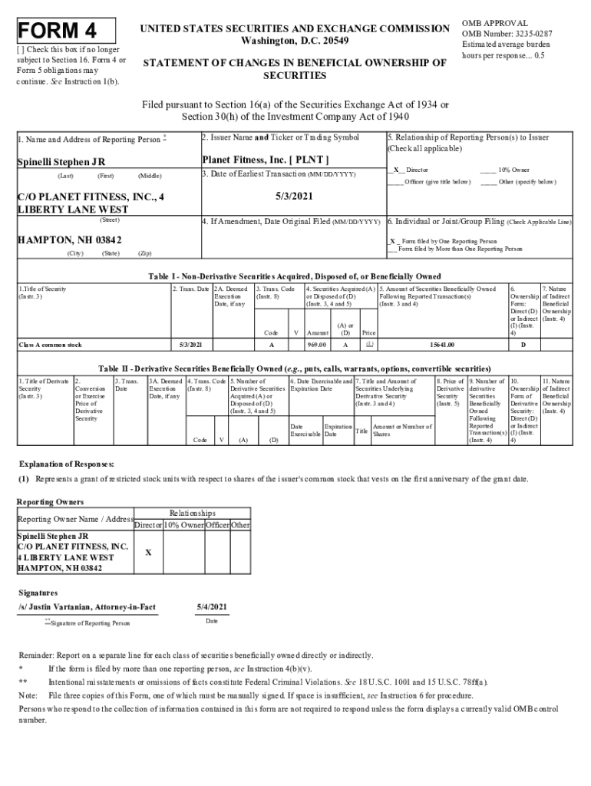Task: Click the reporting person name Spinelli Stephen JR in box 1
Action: point(61,162)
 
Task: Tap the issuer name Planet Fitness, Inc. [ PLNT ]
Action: point(265,160)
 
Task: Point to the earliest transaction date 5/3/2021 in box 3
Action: point(292,196)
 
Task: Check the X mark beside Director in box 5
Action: point(396,170)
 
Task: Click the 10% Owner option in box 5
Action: point(513,170)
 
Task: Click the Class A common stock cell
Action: point(50,345)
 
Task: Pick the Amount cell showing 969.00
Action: point(317,345)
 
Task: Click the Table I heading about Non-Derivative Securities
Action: point(295,276)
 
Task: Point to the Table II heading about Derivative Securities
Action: point(295,368)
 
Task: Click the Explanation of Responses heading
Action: point(67,464)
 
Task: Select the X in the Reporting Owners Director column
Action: point(148,553)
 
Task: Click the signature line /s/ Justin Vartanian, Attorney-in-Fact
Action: point(87,607)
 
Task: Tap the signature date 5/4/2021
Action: point(211,607)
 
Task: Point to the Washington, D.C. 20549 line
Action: point(295,40)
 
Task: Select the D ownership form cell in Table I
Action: point(523,345)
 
